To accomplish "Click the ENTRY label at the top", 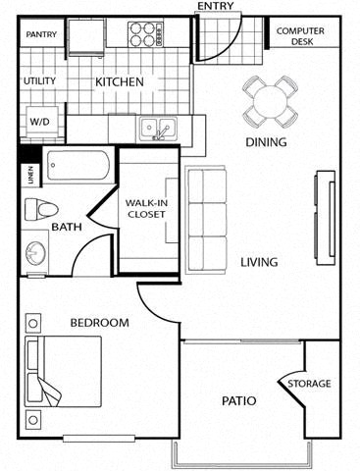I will click(216, 7).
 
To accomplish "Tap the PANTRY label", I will click(41, 35).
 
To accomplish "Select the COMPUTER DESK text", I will click(299, 37).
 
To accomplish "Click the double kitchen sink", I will click(156, 128).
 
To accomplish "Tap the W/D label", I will click(39, 122).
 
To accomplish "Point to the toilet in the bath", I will click(42, 208).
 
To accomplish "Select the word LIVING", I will click(259, 263).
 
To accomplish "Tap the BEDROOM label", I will click(99, 323).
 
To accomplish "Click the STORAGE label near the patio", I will click(308, 383).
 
